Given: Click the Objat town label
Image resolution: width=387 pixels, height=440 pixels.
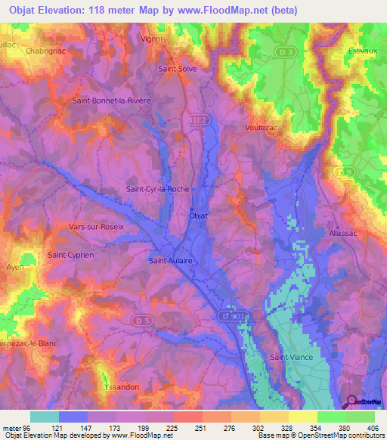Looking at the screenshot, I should coord(197,215).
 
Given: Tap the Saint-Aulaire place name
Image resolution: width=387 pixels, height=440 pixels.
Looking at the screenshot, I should coord(171,260).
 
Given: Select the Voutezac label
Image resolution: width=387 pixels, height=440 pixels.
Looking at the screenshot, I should coord(262,128).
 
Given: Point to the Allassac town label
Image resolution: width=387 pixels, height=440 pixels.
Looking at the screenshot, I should coord(345,234).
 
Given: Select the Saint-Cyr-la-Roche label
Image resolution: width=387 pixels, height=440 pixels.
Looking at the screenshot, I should coord(156,189).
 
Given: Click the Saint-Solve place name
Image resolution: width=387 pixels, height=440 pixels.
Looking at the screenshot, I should coord(177,69).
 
